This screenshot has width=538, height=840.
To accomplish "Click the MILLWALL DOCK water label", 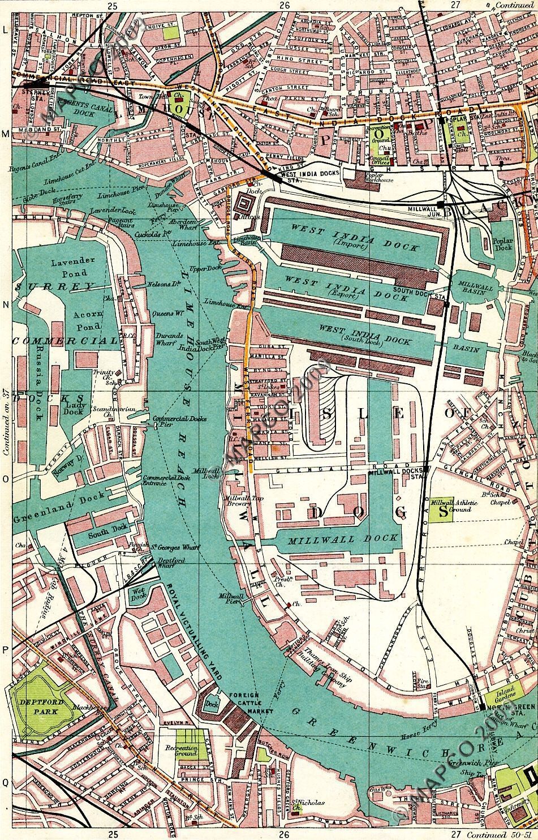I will tap(343, 539).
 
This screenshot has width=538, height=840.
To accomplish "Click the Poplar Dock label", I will tap(502, 243).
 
